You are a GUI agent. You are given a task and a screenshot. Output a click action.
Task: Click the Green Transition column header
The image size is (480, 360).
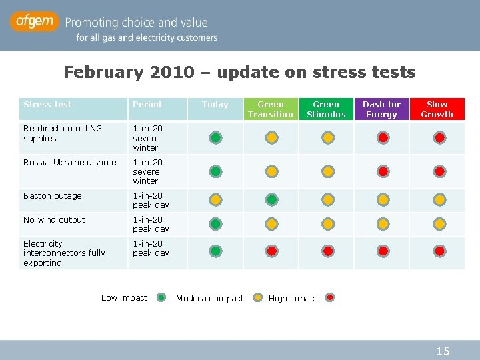[271, 109]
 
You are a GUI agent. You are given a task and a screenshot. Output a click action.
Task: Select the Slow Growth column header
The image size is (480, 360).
[437, 109]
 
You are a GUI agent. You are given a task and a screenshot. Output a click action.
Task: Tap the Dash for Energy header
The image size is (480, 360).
[381, 109]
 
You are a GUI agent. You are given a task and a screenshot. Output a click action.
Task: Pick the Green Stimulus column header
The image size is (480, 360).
[326, 109]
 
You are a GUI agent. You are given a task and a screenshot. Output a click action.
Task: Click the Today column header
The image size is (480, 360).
[215, 105]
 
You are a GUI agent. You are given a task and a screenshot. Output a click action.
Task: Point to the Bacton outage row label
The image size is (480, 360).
[53, 196]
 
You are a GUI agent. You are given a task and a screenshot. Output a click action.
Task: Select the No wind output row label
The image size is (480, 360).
[54, 220]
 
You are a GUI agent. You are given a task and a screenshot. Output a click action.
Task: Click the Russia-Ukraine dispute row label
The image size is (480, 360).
[69, 163]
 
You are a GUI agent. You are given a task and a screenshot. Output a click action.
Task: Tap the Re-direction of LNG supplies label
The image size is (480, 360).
[62, 133]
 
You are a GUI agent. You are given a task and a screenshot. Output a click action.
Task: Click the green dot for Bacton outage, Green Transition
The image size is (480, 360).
[272, 199]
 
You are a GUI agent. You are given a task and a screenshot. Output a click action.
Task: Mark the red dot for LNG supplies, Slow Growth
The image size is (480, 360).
[439, 138]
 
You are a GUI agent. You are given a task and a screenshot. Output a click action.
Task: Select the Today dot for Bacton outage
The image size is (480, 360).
[216, 199]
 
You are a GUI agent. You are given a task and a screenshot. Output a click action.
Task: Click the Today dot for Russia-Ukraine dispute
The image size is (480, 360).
[216, 171]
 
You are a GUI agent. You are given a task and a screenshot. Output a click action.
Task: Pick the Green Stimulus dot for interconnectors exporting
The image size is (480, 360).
[328, 251]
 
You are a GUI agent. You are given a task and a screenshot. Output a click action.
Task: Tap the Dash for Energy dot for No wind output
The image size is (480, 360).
[383, 224]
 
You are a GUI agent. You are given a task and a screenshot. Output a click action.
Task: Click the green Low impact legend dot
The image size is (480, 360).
[162, 298]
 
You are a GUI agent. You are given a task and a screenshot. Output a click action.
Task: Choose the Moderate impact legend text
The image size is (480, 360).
[210, 299]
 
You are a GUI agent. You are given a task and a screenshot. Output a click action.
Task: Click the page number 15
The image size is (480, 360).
[443, 351]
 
